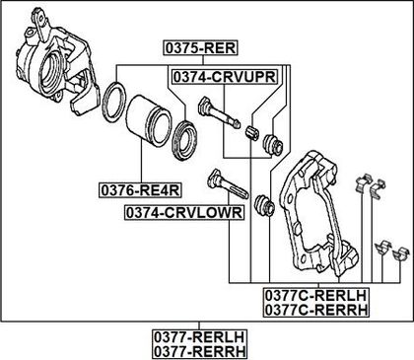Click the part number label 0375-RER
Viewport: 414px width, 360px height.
[x=200, y=48]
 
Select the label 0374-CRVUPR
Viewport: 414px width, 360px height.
[x=225, y=77]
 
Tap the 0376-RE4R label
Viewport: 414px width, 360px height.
[x=141, y=190]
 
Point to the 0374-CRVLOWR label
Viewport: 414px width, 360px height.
[x=184, y=212]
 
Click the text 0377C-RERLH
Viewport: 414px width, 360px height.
[x=315, y=295]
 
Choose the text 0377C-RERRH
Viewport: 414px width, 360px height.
[x=315, y=310]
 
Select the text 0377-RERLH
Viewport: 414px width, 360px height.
[x=200, y=337]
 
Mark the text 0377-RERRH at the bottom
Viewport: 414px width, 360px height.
[x=200, y=351]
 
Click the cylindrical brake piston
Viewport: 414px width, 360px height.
[x=149, y=120]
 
